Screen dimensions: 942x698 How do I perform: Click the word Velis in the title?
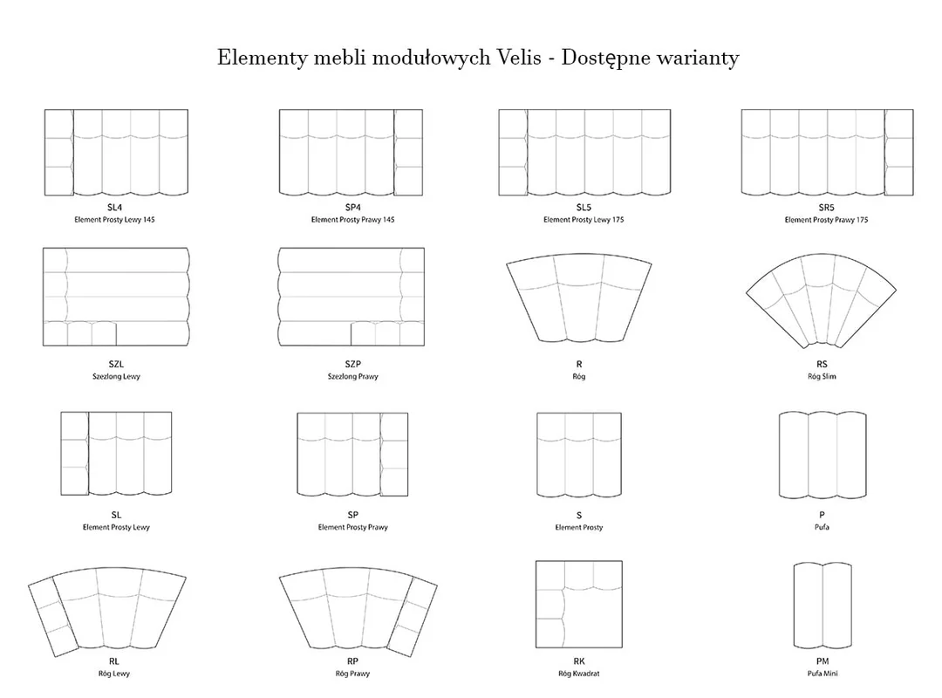click(519, 57)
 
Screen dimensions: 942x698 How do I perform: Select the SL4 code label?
click(115, 208)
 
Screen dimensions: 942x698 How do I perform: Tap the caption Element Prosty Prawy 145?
click(352, 220)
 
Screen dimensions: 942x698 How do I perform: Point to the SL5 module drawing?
click(584, 153)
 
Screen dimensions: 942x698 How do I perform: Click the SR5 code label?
click(826, 208)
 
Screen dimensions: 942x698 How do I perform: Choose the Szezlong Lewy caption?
click(116, 376)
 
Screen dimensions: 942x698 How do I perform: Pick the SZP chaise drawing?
click(352, 297)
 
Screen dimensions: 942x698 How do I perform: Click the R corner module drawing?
click(578, 298)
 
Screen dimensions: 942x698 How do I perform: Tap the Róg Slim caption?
click(822, 376)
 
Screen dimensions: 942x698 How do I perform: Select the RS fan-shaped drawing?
click(822, 301)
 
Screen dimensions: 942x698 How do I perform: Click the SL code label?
click(116, 516)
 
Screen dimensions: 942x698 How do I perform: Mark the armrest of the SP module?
click(394, 455)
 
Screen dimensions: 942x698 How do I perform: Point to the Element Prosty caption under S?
click(578, 527)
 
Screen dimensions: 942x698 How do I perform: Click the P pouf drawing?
click(823, 455)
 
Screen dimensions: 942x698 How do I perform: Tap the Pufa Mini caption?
click(823, 674)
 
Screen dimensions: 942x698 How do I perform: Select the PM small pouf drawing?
click(823, 606)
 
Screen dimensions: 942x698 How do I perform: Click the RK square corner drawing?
click(579, 605)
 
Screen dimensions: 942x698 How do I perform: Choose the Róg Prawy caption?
click(352, 674)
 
